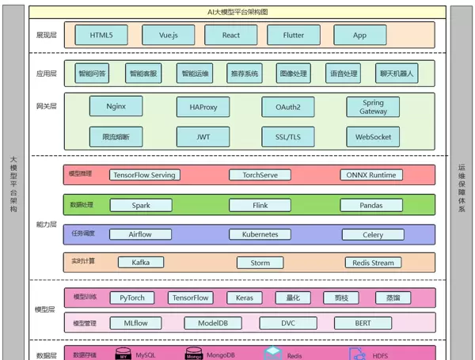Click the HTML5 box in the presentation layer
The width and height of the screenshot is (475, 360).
tap(101, 35)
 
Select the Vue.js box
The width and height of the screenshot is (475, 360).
tap(168, 35)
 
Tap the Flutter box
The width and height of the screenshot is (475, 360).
tap(294, 35)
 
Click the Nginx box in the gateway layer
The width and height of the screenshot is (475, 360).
tap(116, 106)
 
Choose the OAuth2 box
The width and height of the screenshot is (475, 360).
tap(287, 107)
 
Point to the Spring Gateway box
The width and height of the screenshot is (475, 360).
tap(373, 107)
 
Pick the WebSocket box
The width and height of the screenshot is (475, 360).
tap(373, 137)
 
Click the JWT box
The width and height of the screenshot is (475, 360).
tap(203, 137)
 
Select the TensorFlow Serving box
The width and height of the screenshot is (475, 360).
tap(144, 175)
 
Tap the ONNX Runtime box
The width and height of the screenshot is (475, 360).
tap(372, 175)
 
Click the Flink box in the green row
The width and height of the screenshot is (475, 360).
tap(260, 205)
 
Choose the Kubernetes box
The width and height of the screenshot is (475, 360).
tap(260, 235)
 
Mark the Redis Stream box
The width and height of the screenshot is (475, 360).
tap(372, 263)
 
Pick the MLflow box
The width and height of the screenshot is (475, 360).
tap(135, 323)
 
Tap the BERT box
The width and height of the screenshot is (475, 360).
tap(362, 323)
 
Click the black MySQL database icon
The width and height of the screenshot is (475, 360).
tap(123, 354)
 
